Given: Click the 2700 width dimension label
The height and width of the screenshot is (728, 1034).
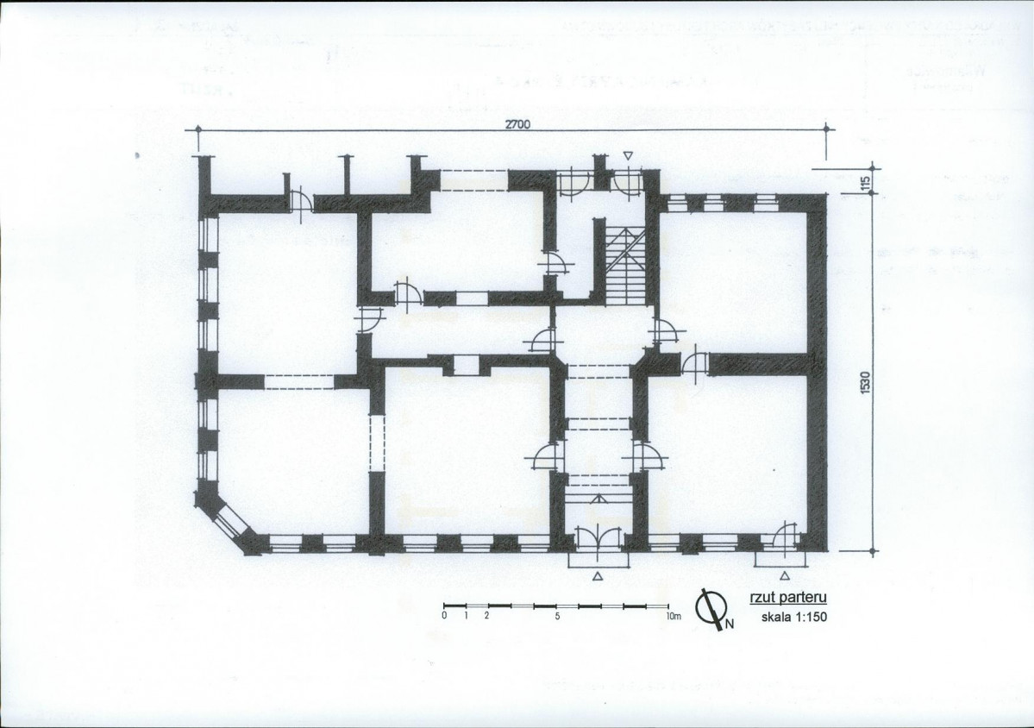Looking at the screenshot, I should click(x=517, y=123).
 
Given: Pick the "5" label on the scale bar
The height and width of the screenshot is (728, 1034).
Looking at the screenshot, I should click(x=557, y=617).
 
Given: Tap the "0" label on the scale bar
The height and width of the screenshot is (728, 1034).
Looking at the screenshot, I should click(x=443, y=617).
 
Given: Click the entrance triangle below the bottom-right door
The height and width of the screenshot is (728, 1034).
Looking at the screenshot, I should click(x=784, y=574).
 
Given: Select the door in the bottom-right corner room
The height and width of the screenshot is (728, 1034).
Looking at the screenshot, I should click(x=786, y=535).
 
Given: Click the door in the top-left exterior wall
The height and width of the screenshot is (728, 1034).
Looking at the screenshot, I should click(x=299, y=200).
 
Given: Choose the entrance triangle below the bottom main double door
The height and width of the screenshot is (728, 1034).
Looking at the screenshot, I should click(x=598, y=574).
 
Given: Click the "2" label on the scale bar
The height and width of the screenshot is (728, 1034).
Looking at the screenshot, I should click(x=487, y=617).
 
